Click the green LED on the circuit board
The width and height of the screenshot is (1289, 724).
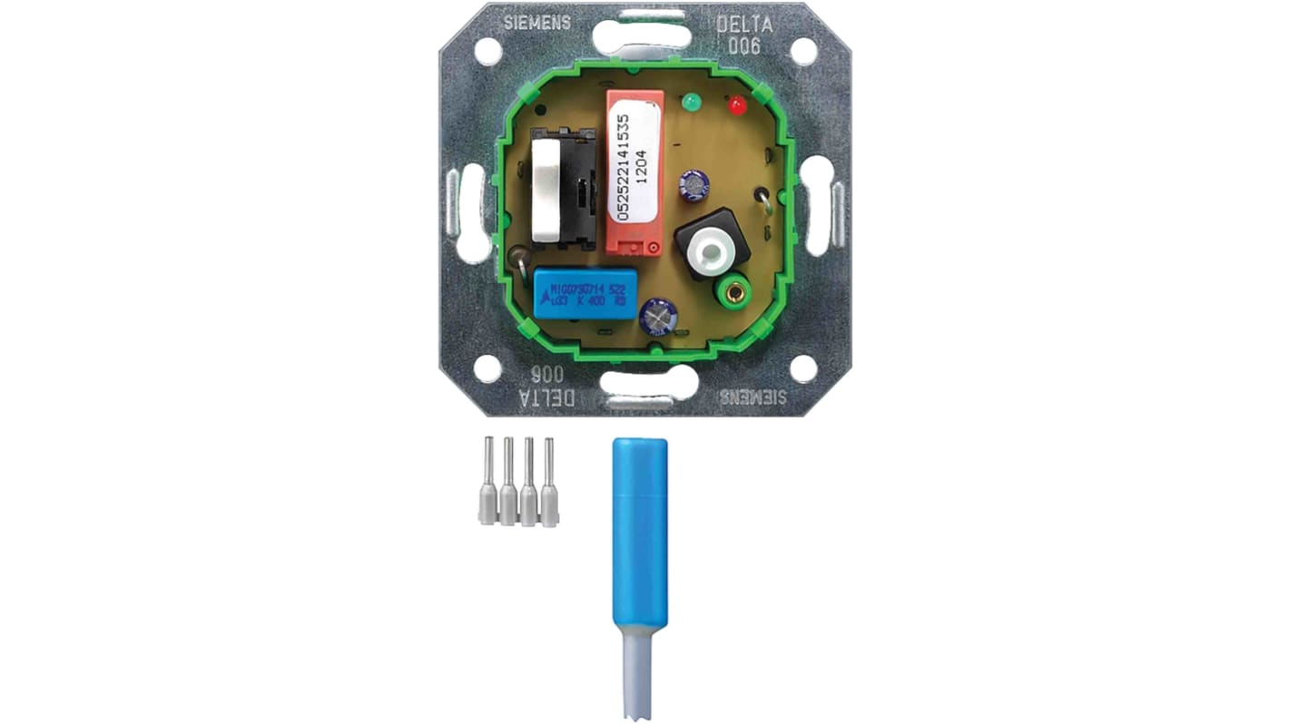(693, 101)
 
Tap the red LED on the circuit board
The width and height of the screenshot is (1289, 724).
(737, 106)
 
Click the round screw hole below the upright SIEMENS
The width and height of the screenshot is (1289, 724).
(487, 51)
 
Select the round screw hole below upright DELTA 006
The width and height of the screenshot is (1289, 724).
(802, 52)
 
